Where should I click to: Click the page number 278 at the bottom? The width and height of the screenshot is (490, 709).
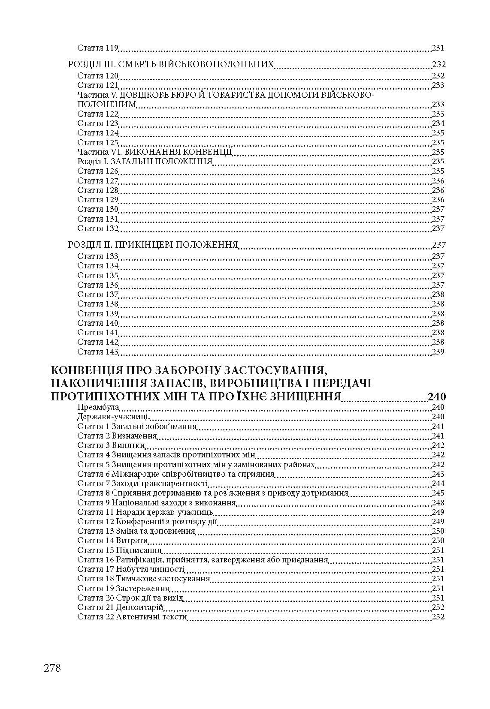click(52, 667)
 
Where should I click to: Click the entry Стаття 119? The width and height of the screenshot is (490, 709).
click(98, 48)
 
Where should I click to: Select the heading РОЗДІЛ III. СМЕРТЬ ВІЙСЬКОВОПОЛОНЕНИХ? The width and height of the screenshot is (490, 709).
click(171, 65)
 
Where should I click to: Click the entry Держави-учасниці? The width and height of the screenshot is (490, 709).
click(113, 417)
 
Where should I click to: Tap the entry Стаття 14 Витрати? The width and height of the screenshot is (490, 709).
click(112, 541)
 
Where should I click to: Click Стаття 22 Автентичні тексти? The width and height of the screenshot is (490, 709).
click(132, 617)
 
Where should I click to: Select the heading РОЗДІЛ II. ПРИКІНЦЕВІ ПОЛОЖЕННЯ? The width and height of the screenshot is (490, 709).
click(153, 245)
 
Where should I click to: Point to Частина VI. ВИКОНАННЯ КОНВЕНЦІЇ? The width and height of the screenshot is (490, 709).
click(155, 152)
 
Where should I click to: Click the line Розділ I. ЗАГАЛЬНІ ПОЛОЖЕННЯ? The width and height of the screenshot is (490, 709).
click(145, 162)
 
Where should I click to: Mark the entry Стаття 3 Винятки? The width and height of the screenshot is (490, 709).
click(111, 445)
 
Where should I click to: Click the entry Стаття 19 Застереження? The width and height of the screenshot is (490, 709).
click(124, 588)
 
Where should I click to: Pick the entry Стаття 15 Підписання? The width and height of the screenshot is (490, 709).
click(119, 550)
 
